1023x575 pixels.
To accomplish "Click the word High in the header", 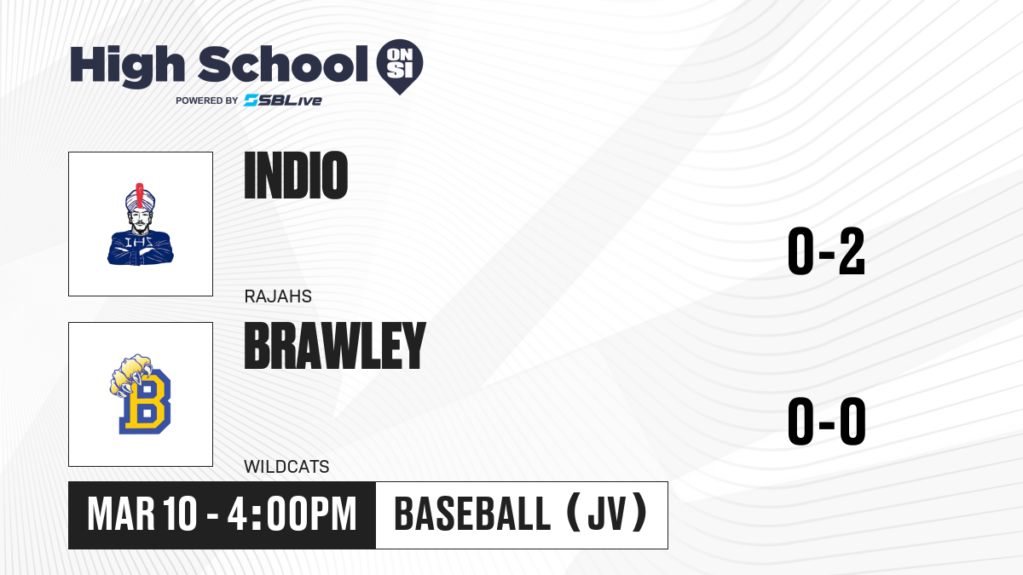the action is click(127, 66).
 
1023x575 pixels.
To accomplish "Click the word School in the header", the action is click(283, 64).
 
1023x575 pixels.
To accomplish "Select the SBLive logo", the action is click(283, 101).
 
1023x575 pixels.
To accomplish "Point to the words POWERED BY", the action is click(207, 101).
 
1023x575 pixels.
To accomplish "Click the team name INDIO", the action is click(296, 175).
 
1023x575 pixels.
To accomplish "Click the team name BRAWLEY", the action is click(335, 346).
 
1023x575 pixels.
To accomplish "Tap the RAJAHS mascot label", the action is click(278, 296).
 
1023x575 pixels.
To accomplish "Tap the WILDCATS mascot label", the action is click(286, 467).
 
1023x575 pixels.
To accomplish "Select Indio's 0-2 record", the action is click(826, 251).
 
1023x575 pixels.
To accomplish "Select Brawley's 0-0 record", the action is click(827, 421).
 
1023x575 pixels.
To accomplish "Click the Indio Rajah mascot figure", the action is click(141, 224).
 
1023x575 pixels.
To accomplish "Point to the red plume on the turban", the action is click(140, 195).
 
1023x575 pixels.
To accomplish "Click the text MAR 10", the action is click(142, 515).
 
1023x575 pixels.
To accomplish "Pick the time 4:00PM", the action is click(292, 515).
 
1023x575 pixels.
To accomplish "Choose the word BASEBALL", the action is click(471, 515).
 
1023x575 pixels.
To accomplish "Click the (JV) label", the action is click(607, 515).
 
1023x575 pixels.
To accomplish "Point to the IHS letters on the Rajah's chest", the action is click(139, 242).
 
